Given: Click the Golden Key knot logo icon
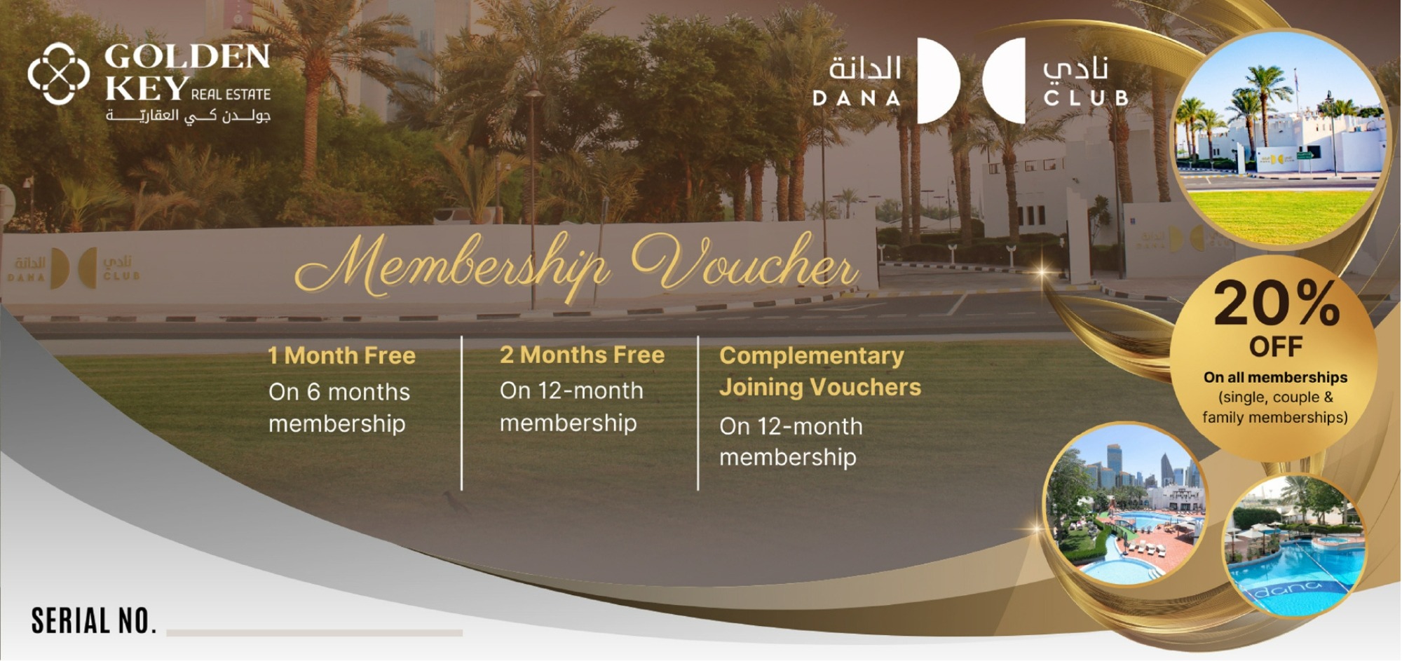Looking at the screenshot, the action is point(59,74).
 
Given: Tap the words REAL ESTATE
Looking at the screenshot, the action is point(231,95).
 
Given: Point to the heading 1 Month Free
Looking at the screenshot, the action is point(342,356).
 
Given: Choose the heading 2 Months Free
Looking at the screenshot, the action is point(582,355).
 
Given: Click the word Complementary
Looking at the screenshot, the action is point(812,356).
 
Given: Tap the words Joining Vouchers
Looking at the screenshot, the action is point(820,387).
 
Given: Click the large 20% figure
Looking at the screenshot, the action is point(1277,303).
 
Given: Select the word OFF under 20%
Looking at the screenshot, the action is point(1276,347).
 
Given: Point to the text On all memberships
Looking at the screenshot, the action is point(1276,377).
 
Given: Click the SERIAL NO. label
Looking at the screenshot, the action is point(94,621).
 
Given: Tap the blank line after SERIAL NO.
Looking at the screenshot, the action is point(314,633).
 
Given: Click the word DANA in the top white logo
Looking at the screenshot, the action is point(857,98).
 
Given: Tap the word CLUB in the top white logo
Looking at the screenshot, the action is point(1087,98).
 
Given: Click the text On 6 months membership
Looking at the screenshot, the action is point(339,408).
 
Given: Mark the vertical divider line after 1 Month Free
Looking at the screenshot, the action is point(462,414).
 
